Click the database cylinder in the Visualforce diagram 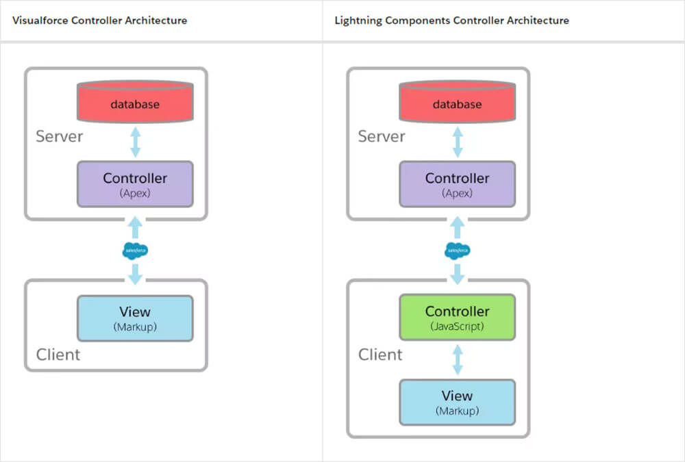[x=135, y=102]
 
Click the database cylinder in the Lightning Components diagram [x=457, y=102]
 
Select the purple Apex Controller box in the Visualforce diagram [x=135, y=184]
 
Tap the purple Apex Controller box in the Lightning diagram [x=457, y=184]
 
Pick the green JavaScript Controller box [x=457, y=318]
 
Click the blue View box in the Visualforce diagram [x=135, y=318]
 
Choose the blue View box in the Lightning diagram [x=457, y=402]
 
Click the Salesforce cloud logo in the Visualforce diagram [x=135, y=251]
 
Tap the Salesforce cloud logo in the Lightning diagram [x=457, y=251]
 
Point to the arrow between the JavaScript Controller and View [x=457, y=359]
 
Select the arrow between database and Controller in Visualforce [x=135, y=142]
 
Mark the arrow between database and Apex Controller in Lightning [x=457, y=142]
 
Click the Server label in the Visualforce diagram [x=60, y=136]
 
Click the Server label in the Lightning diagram [x=382, y=136]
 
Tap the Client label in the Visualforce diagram [x=58, y=355]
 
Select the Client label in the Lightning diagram [x=380, y=355]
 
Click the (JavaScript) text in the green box [x=457, y=326]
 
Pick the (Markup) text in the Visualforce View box [x=135, y=327]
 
